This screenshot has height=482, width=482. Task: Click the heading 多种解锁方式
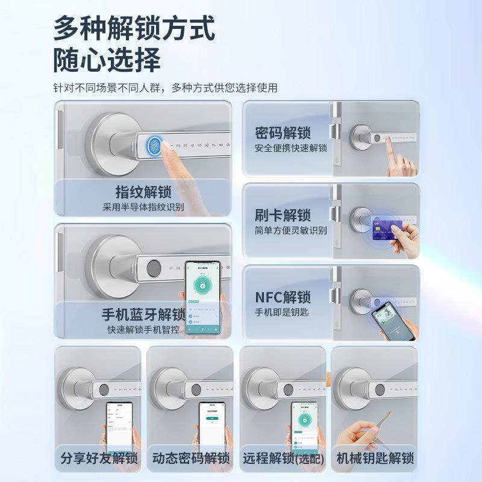[134, 28]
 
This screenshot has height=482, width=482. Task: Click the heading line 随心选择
[107, 60]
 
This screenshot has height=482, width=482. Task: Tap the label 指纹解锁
[143, 192]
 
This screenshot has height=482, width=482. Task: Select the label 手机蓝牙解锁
[143, 315]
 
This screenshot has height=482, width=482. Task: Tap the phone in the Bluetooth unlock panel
[202, 298]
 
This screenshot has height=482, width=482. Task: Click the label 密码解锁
[283, 133]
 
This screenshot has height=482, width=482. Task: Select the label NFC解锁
[283, 297]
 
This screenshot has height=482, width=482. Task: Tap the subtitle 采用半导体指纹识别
[143, 207]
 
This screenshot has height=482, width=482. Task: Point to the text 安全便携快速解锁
[290, 148]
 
